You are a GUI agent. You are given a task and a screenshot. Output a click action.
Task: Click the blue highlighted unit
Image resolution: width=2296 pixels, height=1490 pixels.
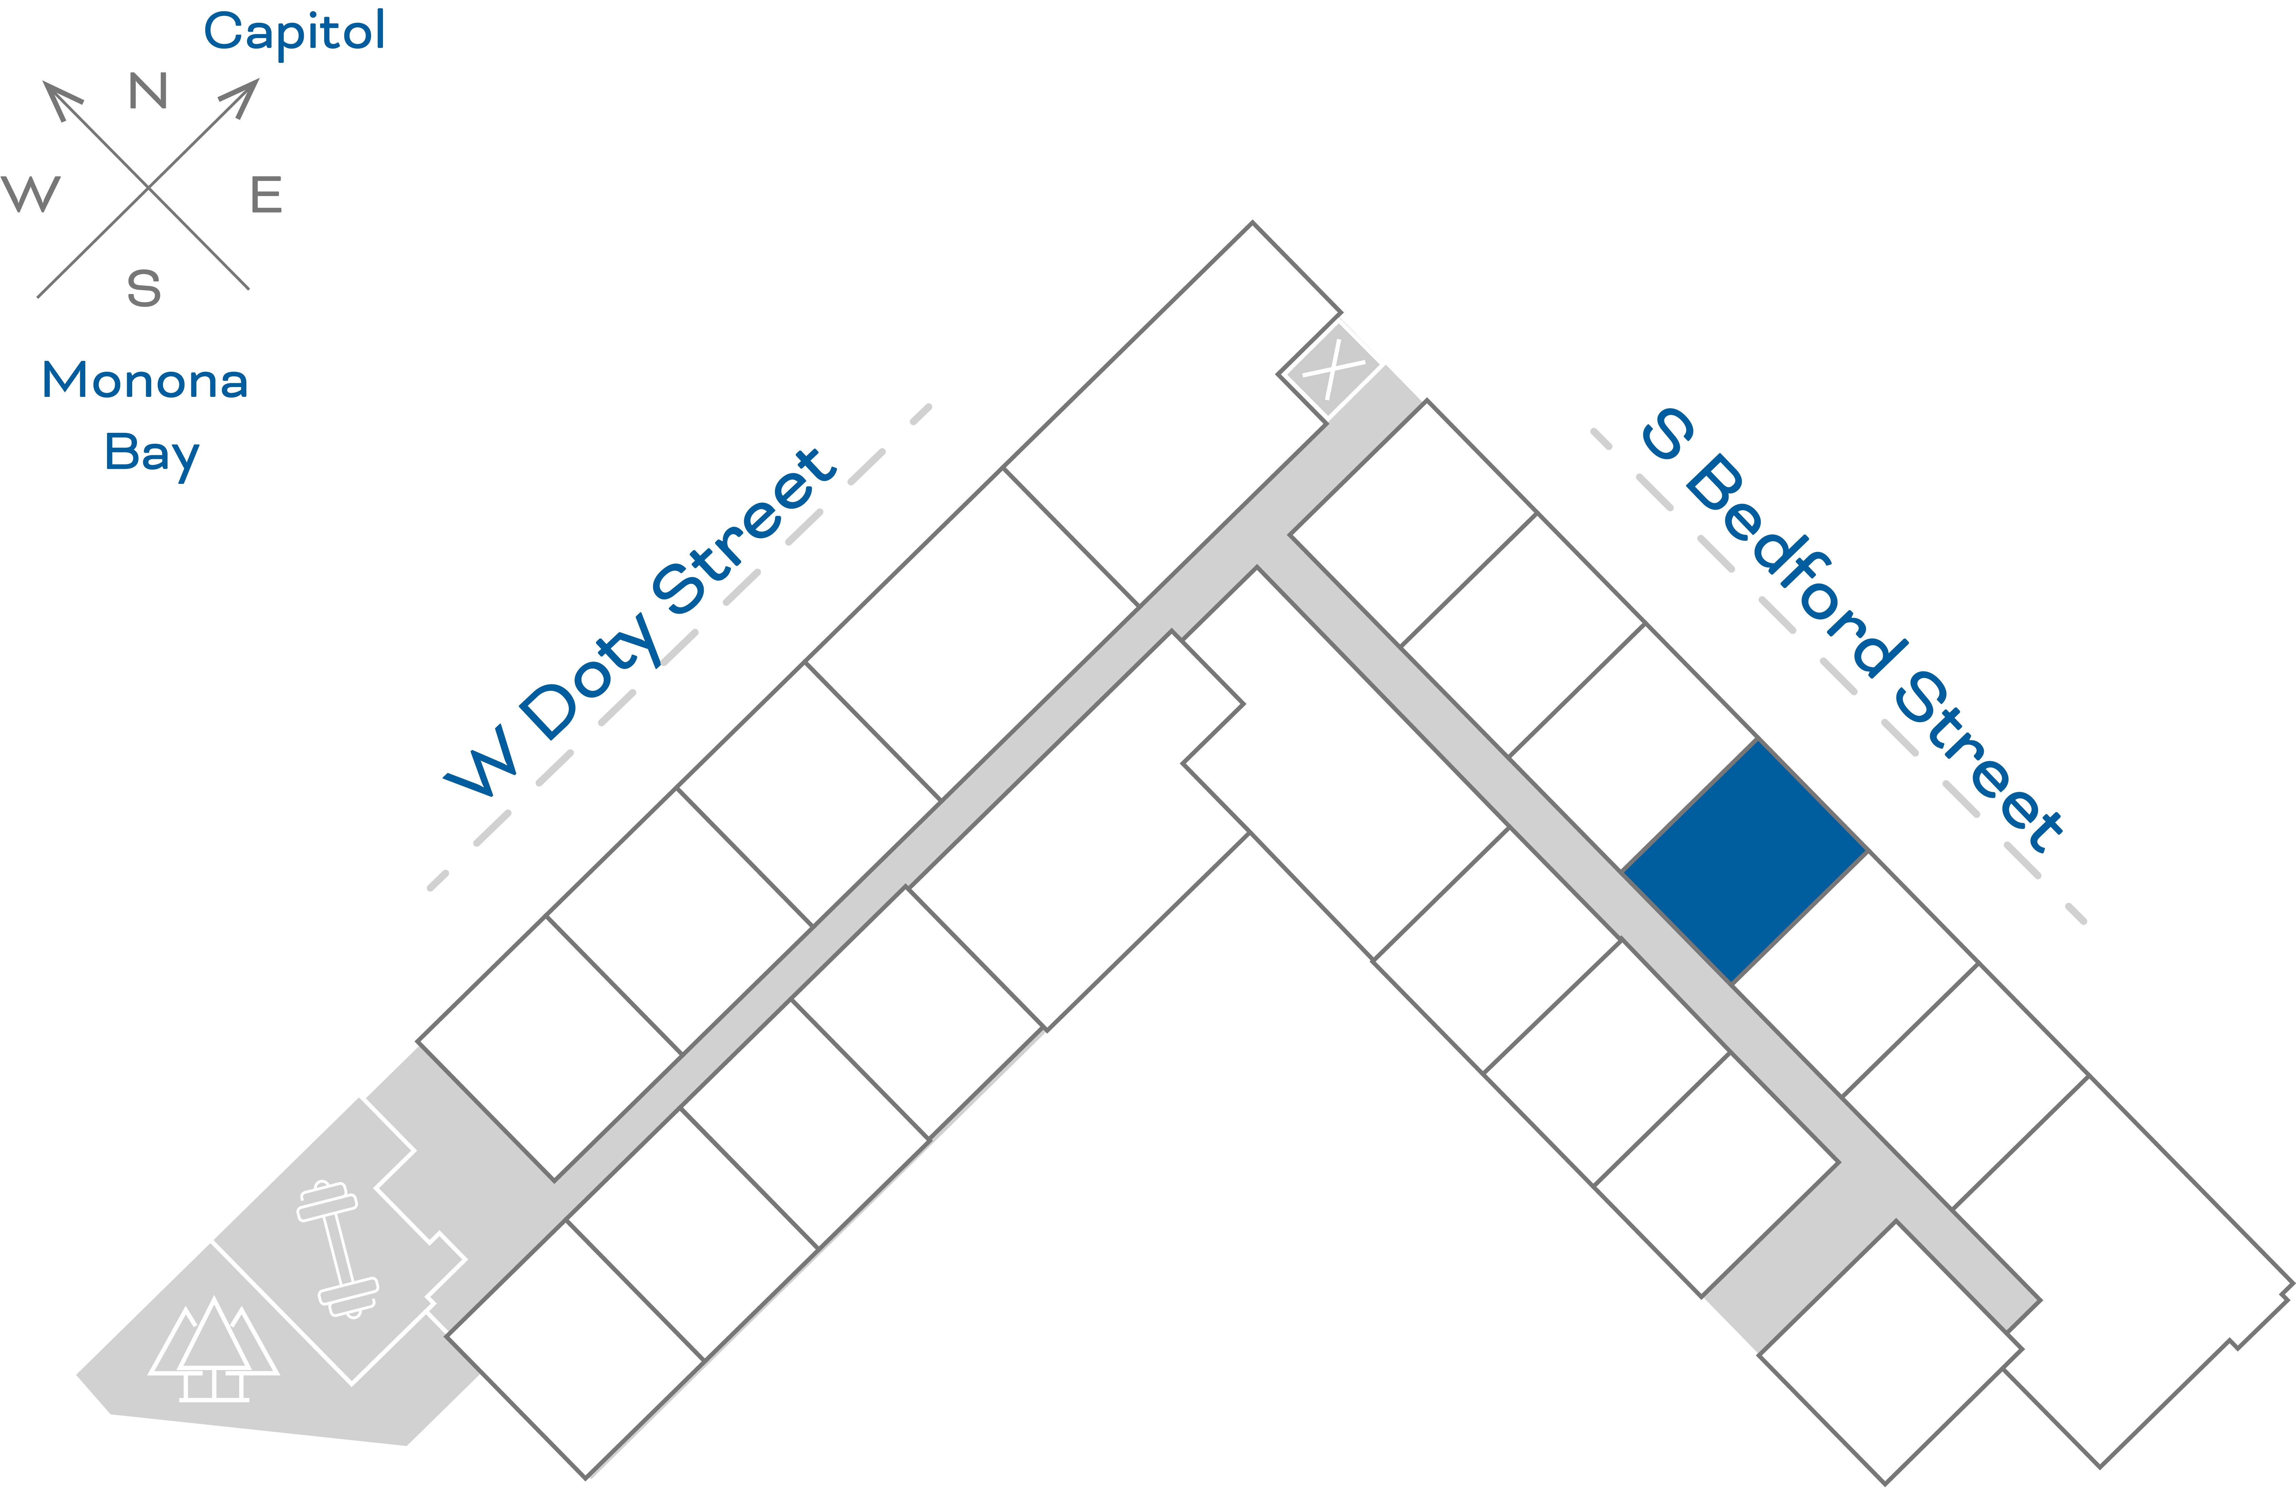[x=1744, y=861]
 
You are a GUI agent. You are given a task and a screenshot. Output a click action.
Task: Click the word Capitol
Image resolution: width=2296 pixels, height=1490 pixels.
[x=294, y=32]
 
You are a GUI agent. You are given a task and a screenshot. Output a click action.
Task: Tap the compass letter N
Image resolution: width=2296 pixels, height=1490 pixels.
[x=148, y=92]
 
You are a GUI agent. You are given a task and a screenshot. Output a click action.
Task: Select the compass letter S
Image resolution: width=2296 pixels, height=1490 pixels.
[x=144, y=288]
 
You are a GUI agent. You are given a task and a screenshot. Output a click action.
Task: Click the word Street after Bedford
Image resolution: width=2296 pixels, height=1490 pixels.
[x=1978, y=762]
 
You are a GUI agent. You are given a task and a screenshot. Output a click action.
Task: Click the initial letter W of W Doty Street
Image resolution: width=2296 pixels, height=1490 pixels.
[x=479, y=762]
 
